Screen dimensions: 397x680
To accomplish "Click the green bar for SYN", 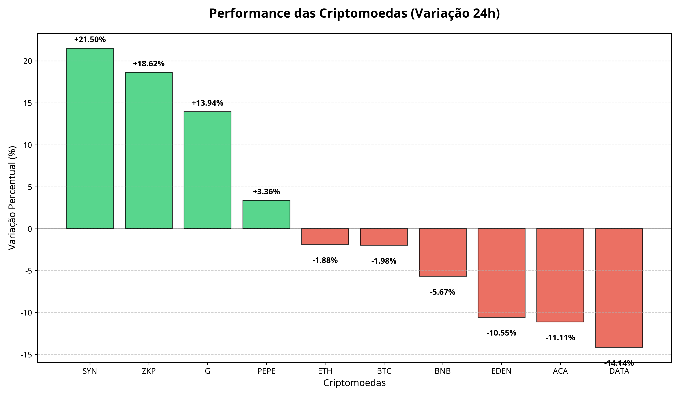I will pyautogui.click(x=90, y=138).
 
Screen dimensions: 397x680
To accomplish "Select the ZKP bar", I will pyautogui.click(x=149, y=150).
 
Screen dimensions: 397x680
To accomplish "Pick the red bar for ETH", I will pyautogui.click(x=325, y=236).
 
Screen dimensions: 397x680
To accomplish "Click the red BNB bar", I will pyautogui.click(x=443, y=252).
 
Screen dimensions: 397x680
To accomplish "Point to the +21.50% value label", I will pyautogui.click(x=90, y=40).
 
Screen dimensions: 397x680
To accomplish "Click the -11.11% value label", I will pyautogui.click(x=560, y=338).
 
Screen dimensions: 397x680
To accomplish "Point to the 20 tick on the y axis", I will pyautogui.click(x=28, y=61).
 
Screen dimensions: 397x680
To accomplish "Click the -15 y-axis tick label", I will pyautogui.click(x=26, y=355).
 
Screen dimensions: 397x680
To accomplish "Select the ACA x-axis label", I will pyautogui.click(x=560, y=371).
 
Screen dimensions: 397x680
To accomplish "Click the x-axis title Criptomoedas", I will pyautogui.click(x=354, y=383).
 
